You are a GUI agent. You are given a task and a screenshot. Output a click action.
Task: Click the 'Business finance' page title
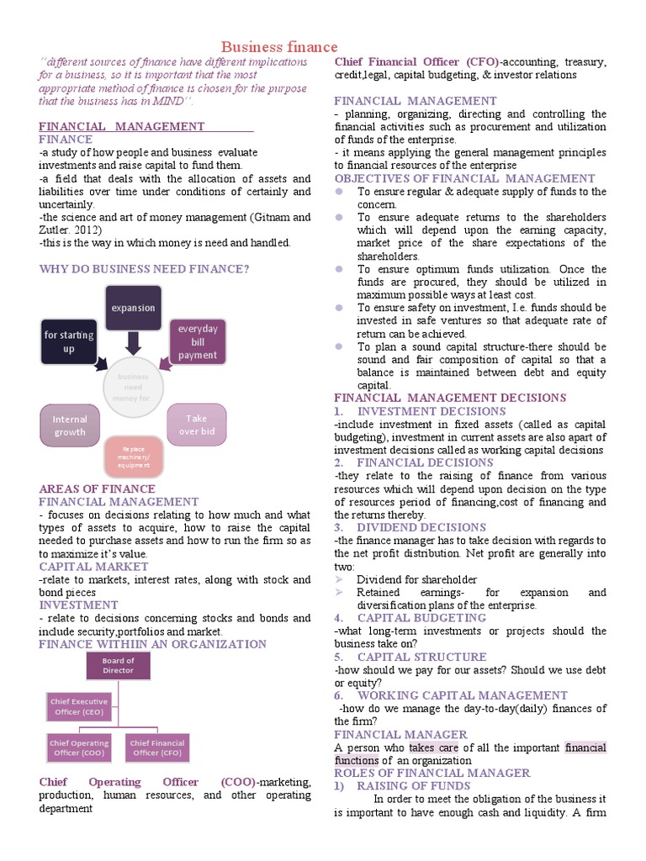point(279,47)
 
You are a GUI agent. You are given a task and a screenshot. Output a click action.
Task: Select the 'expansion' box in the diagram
point(132,308)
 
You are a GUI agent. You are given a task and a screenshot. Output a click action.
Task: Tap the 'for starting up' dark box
point(69,341)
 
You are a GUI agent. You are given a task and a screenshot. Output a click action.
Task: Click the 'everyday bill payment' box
point(198,341)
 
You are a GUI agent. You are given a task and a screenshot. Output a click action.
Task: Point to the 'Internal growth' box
point(70,425)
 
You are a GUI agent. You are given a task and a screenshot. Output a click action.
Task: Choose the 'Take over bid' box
point(196,425)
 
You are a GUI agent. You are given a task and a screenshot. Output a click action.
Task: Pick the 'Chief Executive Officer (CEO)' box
point(78,706)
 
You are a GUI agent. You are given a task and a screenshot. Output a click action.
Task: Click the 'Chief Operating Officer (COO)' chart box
point(78,747)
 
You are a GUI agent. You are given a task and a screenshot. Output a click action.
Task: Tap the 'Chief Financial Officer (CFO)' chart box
point(156,747)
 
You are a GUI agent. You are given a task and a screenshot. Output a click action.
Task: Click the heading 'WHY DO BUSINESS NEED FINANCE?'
point(144,269)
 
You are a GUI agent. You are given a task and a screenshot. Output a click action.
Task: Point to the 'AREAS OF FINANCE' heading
point(98,489)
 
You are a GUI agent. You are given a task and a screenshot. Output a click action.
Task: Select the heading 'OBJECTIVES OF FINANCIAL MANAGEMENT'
point(464,178)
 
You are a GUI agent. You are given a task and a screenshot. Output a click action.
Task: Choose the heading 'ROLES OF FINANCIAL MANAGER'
point(432,773)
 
